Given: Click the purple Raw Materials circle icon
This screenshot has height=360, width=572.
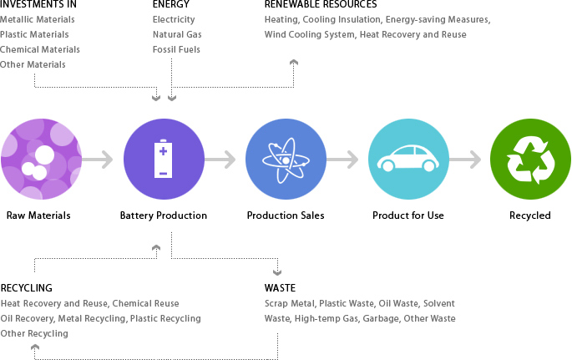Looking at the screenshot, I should (x=41, y=160).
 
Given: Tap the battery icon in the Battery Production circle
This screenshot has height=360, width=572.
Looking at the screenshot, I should (x=164, y=160).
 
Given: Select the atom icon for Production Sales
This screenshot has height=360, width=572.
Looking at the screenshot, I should (x=286, y=160).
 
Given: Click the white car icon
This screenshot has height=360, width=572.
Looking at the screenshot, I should (x=408, y=160).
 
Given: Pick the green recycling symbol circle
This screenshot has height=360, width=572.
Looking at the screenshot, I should (x=530, y=160).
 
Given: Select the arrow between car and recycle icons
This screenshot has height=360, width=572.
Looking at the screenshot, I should (x=469, y=160).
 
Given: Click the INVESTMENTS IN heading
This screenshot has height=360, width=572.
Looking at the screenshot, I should (x=38, y=5).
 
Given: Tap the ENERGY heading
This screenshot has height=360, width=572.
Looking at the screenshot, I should (x=171, y=5).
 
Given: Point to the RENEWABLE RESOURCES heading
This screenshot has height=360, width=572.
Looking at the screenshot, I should (x=321, y=5).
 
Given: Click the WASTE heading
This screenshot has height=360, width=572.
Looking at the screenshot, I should (x=280, y=288).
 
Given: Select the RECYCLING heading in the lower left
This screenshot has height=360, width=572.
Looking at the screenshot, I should (x=27, y=288).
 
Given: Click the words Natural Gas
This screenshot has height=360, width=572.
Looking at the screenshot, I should (x=177, y=34).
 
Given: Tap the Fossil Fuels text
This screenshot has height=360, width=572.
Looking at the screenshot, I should (x=176, y=49).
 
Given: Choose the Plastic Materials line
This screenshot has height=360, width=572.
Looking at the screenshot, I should (x=34, y=34).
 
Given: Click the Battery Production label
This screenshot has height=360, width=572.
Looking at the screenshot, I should (x=164, y=215).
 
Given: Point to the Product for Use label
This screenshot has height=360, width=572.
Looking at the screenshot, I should (x=408, y=215).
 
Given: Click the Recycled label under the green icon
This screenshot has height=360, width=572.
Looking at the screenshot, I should (x=530, y=215).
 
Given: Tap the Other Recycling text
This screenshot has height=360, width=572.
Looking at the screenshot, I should (x=34, y=333).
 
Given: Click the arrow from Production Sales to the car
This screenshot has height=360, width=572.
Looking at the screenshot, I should (x=347, y=160).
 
